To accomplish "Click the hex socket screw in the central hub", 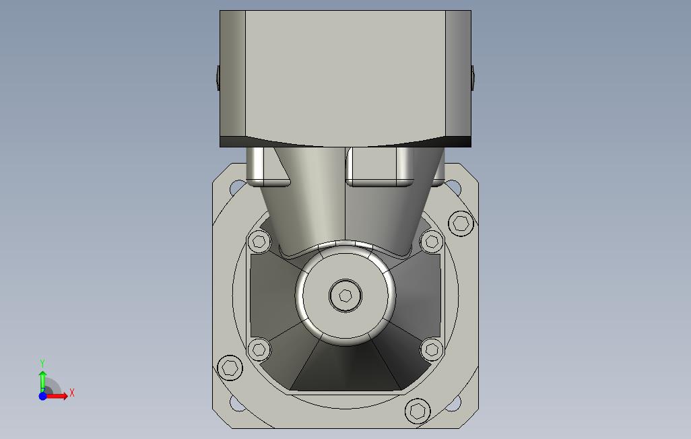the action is [x=345, y=296].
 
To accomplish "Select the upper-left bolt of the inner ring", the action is [x=259, y=242].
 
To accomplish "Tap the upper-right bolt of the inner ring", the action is [x=432, y=242].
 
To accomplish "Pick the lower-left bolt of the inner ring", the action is [x=259, y=350].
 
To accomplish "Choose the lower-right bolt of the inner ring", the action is [x=432, y=350].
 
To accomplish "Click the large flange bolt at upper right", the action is [x=461, y=224].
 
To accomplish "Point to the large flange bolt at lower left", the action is [x=230, y=367].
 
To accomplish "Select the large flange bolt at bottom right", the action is [x=418, y=411].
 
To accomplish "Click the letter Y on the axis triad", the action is [x=42, y=363].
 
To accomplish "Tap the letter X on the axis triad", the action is [x=72, y=393].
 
